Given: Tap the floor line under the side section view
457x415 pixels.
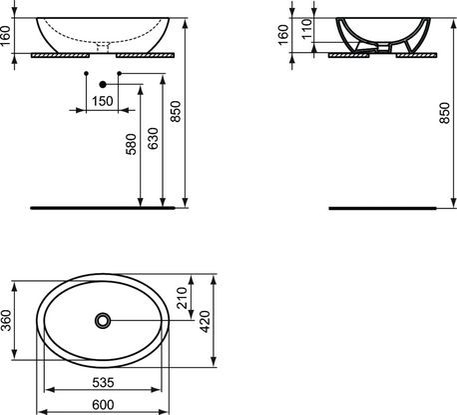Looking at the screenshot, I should click(x=383, y=208).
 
